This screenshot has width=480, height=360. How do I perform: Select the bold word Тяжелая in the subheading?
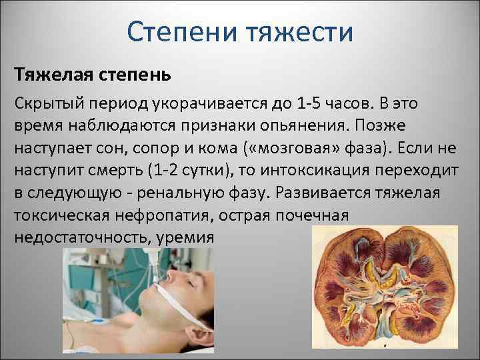tap(51, 74)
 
